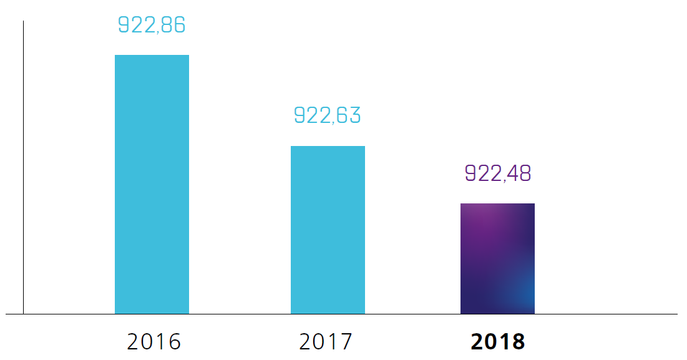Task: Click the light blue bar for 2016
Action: pyautogui.click(x=152, y=184)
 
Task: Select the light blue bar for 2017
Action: pyautogui.click(x=328, y=230)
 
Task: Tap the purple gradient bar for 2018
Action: pyautogui.click(x=497, y=258)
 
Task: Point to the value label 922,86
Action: pyautogui.click(x=152, y=25)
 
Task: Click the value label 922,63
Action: pyautogui.click(x=328, y=116)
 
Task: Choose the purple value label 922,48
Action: pyautogui.click(x=497, y=173)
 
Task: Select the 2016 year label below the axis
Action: pyautogui.click(x=153, y=342)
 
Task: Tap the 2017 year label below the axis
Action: pyautogui.click(x=326, y=342)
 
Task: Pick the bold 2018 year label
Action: pyautogui.click(x=497, y=342)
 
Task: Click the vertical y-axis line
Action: pyautogui.click(x=24, y=168)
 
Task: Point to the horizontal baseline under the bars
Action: pyautogui.click(x=374, y=314)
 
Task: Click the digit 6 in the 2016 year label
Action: pyautogui.click(x=175, y=342)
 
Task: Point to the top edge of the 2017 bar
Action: pyautogui.click(x=328, y=147)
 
